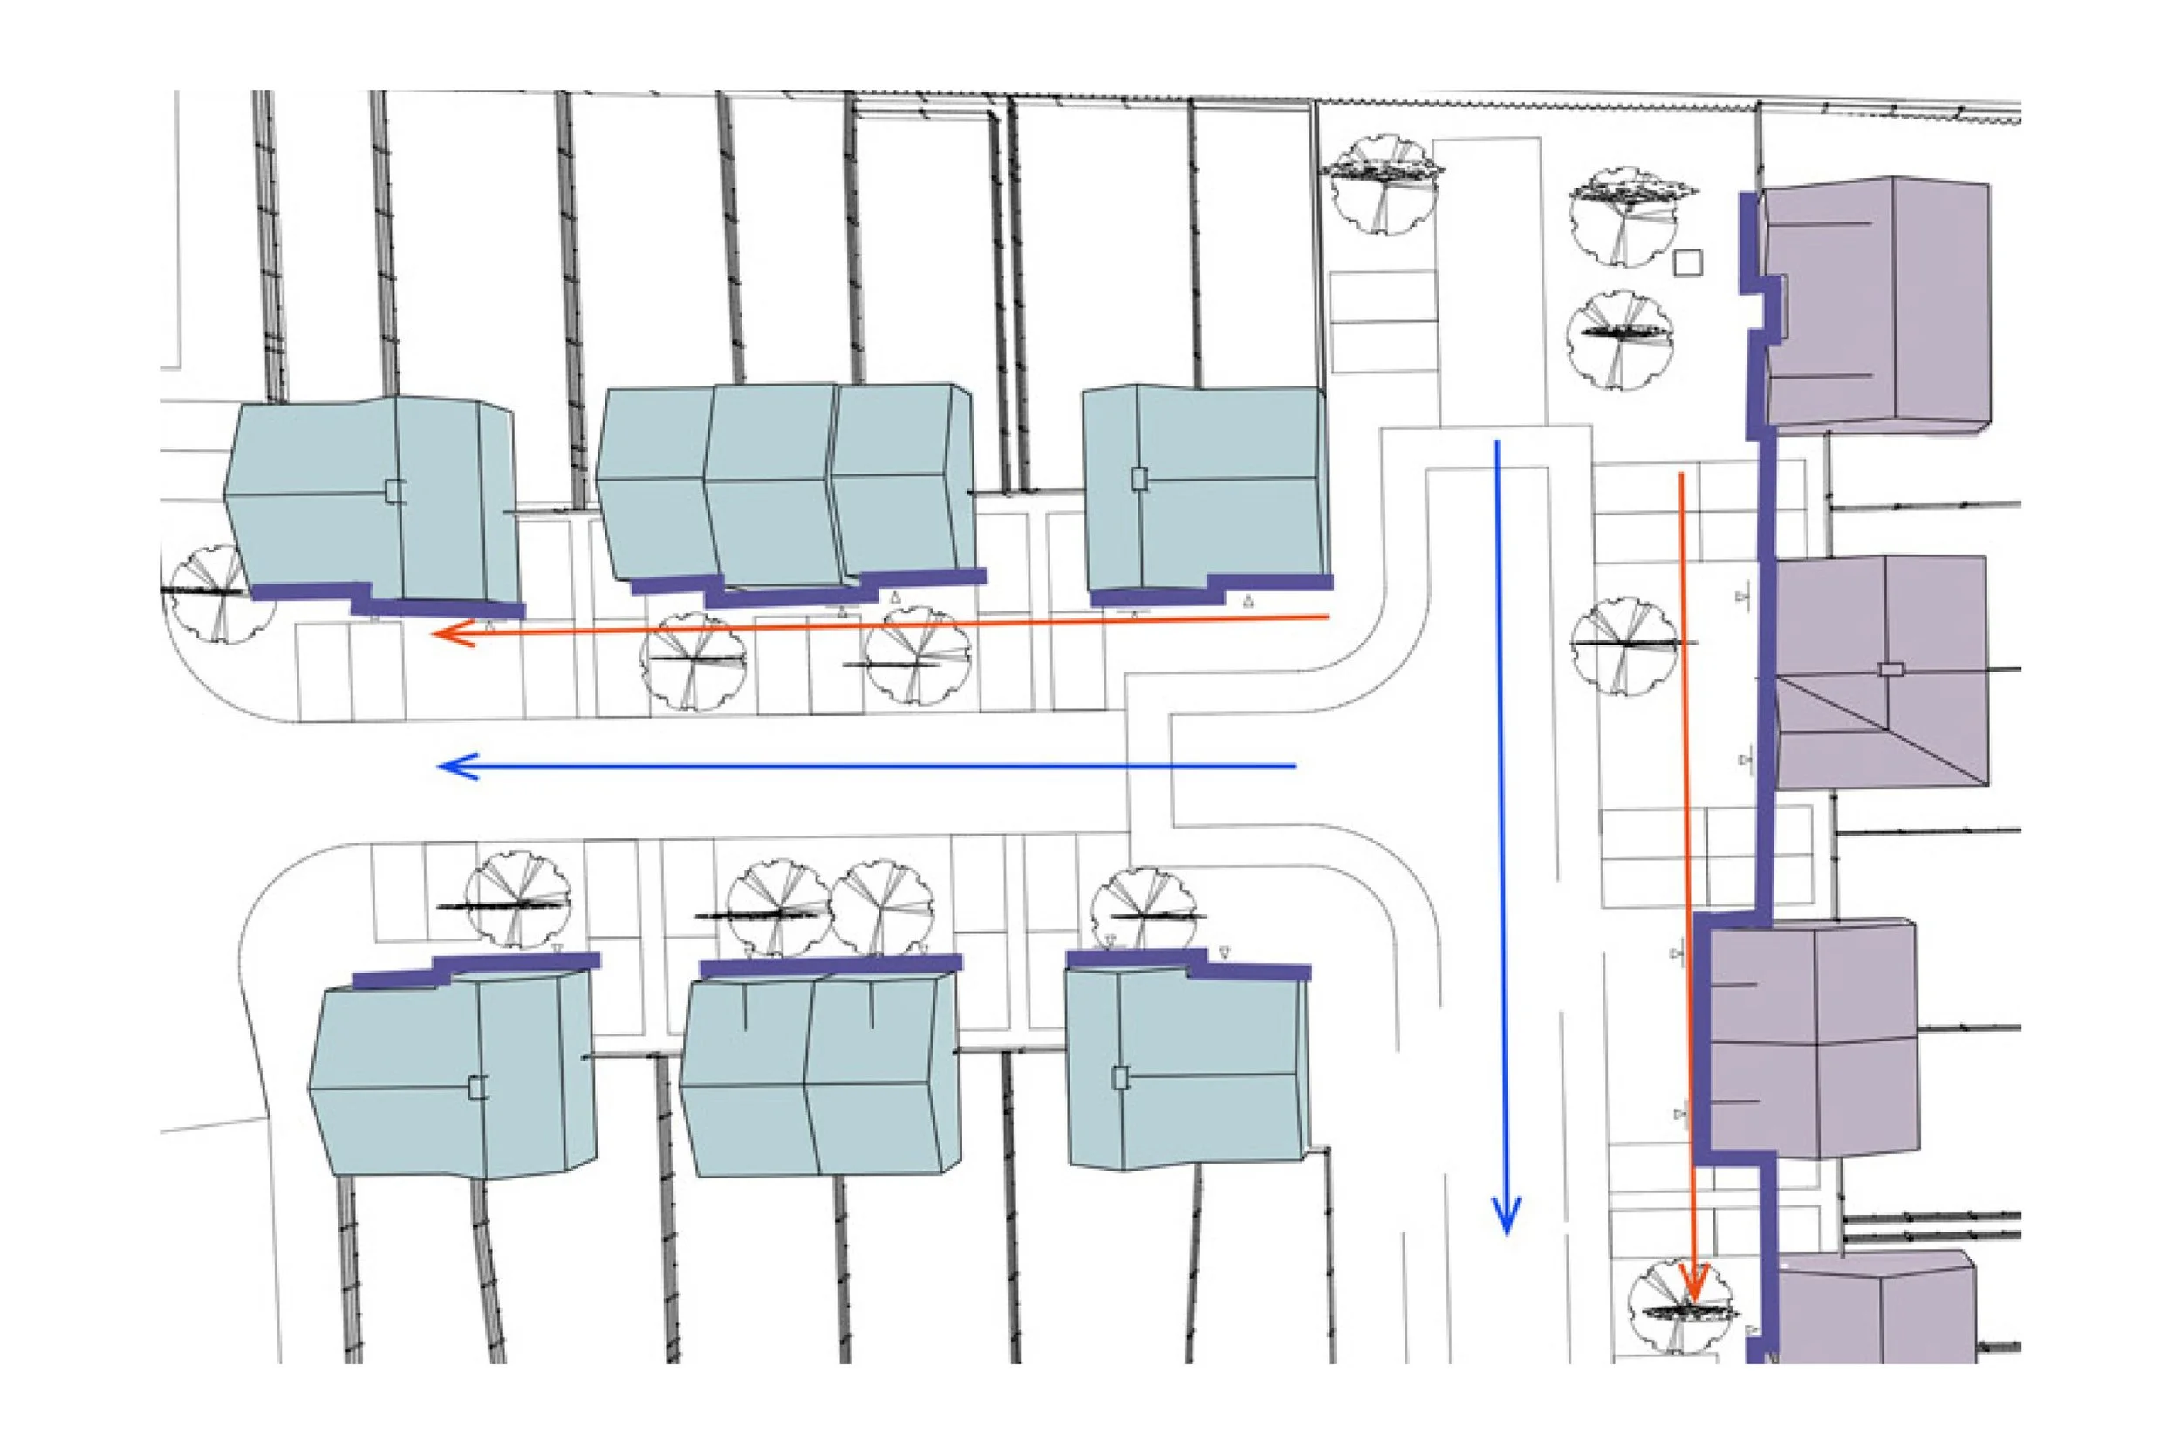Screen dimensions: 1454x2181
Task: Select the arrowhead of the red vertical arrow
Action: coord(1694,1293)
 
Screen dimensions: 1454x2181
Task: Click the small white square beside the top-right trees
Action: coord(1689,263)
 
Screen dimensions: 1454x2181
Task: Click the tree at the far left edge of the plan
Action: coord(206,593)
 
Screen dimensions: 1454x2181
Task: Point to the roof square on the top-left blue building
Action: coord(395,490)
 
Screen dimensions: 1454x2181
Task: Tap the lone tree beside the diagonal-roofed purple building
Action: coord(1624,645)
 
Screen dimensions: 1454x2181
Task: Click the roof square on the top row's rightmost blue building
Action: coord(1139,479)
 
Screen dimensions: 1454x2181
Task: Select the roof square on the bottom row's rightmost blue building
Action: coord(1120,1077)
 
